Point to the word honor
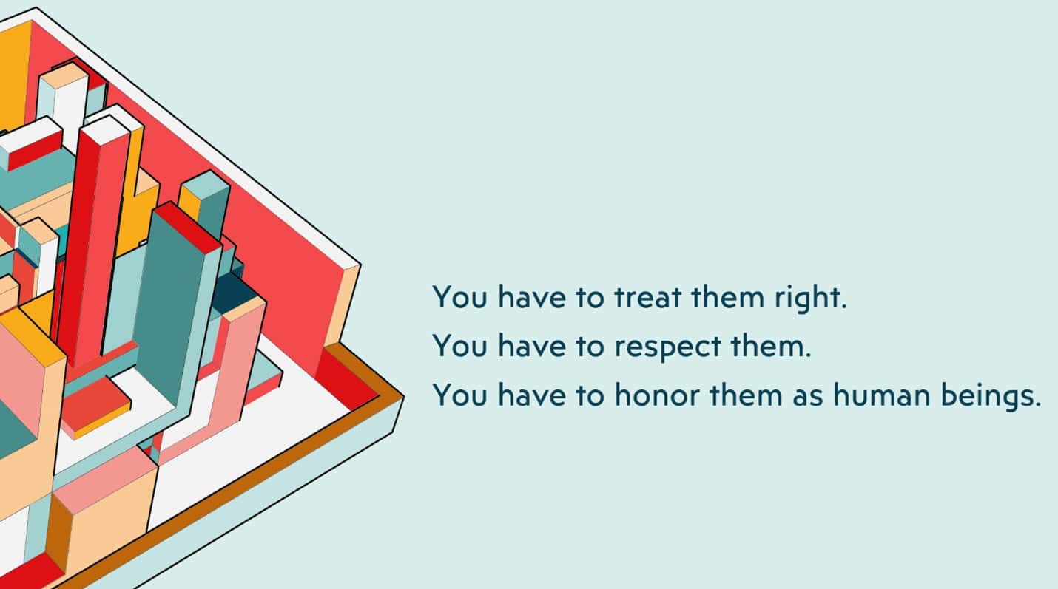(657, 395)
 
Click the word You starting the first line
(459, 297)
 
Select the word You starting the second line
(459, 346)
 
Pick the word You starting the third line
(459, 395)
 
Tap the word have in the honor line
(532, 395)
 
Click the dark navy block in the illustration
(235, 293)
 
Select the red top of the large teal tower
(188, 227)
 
